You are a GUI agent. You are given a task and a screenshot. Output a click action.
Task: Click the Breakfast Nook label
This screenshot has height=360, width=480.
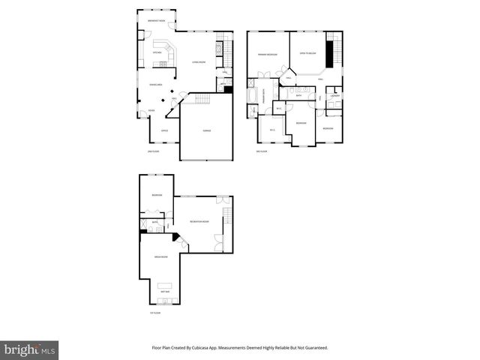click(157, 19)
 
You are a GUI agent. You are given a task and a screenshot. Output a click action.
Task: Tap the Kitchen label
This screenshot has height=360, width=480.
click(157, 53)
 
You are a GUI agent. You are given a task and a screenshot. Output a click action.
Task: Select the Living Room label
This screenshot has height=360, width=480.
click(199, 62)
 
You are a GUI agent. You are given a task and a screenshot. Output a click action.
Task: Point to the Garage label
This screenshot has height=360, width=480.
click(206, 130)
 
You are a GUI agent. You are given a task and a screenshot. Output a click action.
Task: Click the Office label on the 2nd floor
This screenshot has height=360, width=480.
click(164, 130)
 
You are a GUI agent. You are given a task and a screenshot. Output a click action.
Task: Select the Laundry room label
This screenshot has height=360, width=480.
click(335, 96)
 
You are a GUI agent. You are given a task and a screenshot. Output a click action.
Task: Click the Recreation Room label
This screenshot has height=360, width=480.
click(199, 222)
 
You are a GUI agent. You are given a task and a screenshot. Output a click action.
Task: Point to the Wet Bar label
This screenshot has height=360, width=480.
click(165, 291)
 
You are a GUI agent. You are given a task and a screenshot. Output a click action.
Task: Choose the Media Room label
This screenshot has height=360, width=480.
click(160, 256)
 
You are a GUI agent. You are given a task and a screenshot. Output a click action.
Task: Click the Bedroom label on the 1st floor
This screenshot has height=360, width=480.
click(157, 196)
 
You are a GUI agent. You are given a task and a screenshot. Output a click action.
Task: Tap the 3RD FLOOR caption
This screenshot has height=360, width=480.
click(262, 151)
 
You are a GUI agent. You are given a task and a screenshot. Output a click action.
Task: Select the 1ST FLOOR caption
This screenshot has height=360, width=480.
click(154, 312)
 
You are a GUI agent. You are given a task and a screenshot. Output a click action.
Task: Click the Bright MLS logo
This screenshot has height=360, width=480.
click(30, 350)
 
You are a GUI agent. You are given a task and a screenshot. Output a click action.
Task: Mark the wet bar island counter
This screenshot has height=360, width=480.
click(166, 284)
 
